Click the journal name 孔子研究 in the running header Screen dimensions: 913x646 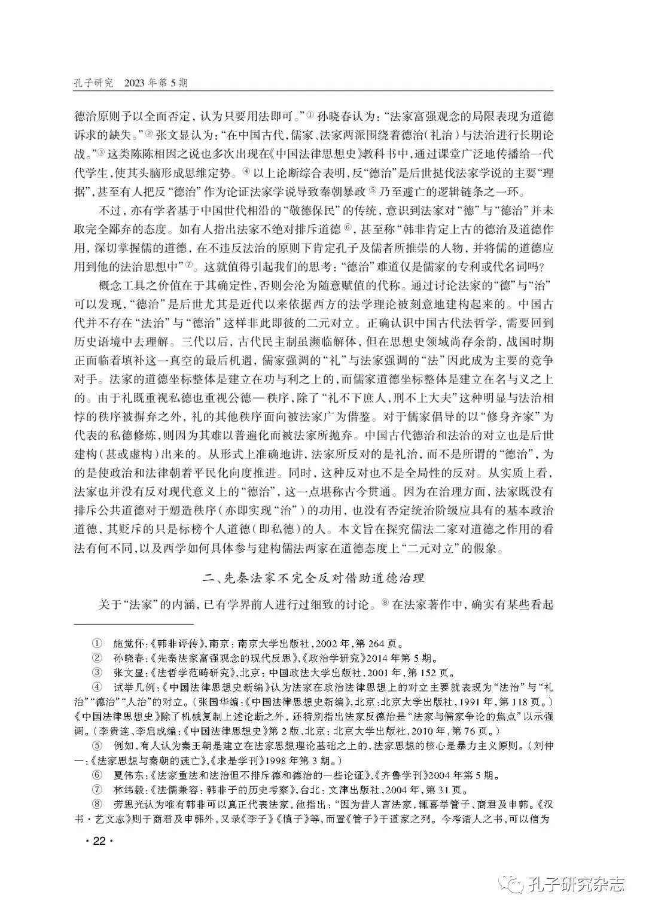(93, 83)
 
